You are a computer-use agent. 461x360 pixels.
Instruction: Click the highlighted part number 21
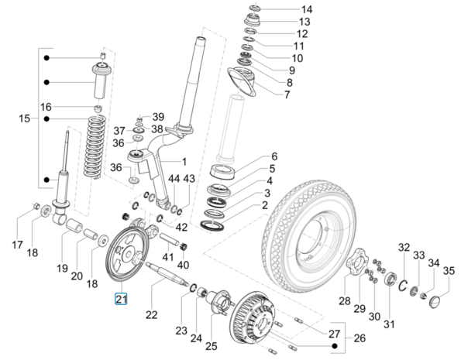click(x=121, y=299)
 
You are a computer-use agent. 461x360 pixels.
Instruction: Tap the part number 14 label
click(x=306, y=9)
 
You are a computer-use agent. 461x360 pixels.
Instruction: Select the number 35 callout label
click(x=449, y=271)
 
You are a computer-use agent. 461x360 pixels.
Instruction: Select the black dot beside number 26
click(x=334, y=346)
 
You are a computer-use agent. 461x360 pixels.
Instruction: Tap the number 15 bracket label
click(x=24, y=118)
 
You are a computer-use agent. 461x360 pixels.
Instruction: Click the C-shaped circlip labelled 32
click(x=402, y=284)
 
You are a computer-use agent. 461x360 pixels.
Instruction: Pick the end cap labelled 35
click(x=435, y=303)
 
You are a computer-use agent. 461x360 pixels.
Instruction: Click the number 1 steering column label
click(x=184, y=161)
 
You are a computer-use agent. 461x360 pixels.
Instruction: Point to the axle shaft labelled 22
click(x=167, y=273)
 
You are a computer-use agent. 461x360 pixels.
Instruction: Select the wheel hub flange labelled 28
click(x=356, y=262)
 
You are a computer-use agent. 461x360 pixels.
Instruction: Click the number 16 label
click(x=46, y=107)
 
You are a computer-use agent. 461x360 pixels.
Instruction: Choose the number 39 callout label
click(x=158, y=117)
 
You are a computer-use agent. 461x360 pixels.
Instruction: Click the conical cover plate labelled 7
click(x=241, y=81)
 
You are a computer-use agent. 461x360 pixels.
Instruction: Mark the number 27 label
click(x=334, y=334)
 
